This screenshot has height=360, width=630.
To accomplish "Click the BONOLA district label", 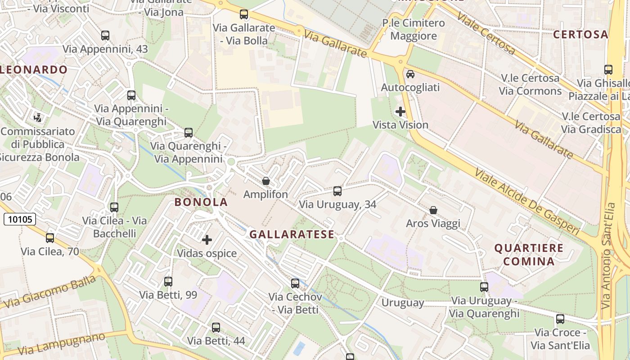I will click(201, 202).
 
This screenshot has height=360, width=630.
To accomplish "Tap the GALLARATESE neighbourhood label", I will click(292, 234).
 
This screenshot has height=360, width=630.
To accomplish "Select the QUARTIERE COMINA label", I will click(529, 255).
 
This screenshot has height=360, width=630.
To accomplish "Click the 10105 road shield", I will click(20, 219).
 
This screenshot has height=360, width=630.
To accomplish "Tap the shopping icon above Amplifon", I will click(266, 181).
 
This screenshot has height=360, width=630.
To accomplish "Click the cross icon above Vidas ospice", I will click(207, 240).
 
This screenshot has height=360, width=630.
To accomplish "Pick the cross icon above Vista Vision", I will click(400, 111).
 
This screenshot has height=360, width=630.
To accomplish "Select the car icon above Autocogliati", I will click(410, 74).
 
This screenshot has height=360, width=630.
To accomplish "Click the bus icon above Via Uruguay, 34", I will click(337, 191).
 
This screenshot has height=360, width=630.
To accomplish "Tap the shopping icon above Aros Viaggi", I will click(433, 210).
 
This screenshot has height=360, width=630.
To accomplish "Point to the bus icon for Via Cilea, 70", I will click(50, 238).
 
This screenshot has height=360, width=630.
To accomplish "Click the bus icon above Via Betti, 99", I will click(168, 282).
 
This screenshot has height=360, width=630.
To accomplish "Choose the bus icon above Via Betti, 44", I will click(216, 328).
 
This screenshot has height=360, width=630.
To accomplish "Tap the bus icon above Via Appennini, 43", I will click(105, 36).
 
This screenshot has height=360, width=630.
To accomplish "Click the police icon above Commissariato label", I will click(38, 118).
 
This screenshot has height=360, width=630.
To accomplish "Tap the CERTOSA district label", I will click(580, 35).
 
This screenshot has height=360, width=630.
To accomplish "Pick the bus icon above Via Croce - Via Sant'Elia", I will click(560, 319).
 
